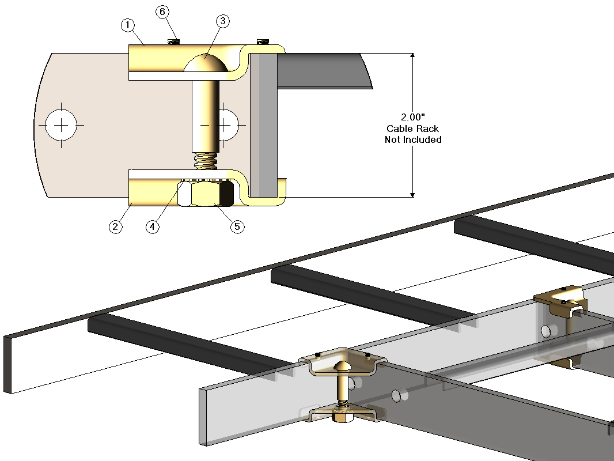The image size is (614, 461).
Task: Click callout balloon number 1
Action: pyautogui.click(x=127, y=25)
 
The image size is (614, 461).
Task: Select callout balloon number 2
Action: pyautogui.click(x=116, y=226)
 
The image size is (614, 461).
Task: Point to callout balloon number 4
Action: pyautogui.click(x=152, y=226)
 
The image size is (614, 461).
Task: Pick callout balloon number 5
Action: pyautogui.click(x=236, y=226)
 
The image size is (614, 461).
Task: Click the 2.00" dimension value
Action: pyautogui.click(x=413, y=118)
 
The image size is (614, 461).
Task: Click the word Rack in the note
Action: pyautogui.click(x=427, y=129)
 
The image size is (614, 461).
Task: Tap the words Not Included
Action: pyautogui.click(x=413, y=139)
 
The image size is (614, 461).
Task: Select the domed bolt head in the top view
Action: pyautogui.click(x=205, y=63)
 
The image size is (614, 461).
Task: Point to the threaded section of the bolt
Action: pyautogui.click(x=205, y=161)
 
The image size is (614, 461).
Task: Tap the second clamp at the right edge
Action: pyautogui.click(x=561, y=303)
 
